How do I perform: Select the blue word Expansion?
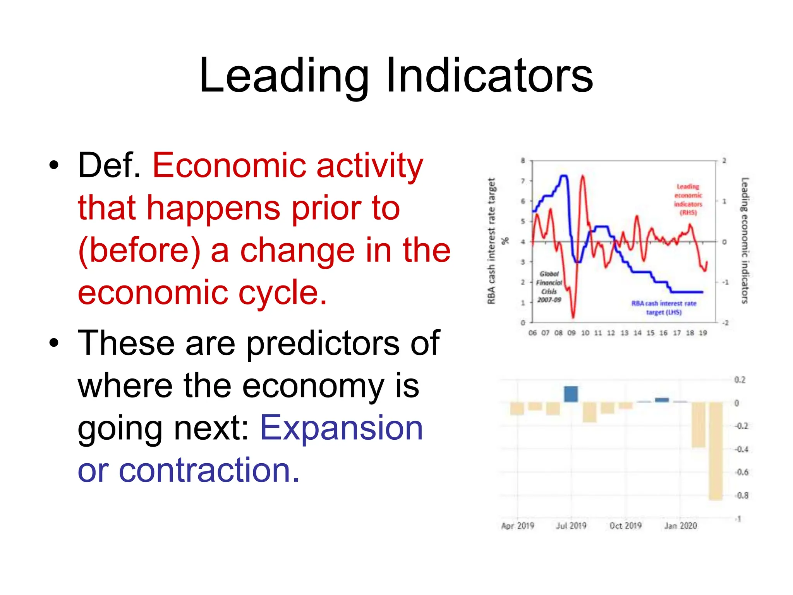point(342,428)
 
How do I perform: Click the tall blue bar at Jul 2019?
point(571,394)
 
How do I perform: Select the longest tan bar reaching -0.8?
point(716,451)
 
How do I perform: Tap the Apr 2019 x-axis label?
point(517,526)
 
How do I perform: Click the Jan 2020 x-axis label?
point(680,526)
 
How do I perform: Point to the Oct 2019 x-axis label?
point(625,526)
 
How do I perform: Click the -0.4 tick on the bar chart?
point(742,449)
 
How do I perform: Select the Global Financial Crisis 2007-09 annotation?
point(549,287)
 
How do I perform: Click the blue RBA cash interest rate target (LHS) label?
point(664,308)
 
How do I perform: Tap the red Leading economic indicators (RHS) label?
point(688,199)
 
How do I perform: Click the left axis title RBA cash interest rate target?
point(491,241)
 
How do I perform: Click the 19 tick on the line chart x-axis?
point(703,333)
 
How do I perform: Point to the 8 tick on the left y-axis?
point(523,160)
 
